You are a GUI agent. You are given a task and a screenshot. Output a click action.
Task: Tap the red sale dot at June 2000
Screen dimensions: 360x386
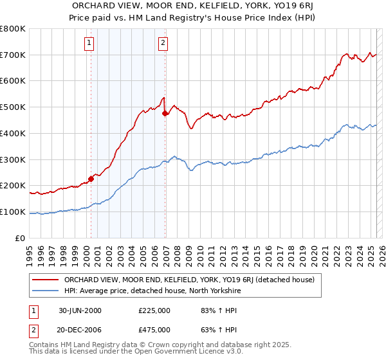click(91, 179)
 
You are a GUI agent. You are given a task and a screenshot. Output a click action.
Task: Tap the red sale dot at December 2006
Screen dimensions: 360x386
click(165, 113)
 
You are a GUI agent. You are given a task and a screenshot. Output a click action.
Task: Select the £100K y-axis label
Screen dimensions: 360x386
click(14, 212)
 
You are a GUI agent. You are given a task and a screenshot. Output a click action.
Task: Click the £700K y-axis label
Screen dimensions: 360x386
click(14, 55)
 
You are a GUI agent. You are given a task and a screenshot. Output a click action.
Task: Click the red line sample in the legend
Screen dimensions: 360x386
click(46, 280)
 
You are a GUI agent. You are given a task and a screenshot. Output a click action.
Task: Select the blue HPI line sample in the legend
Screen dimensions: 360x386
click(46, 291)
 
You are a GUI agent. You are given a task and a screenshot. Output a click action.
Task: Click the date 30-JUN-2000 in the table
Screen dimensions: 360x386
click(80, 310)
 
